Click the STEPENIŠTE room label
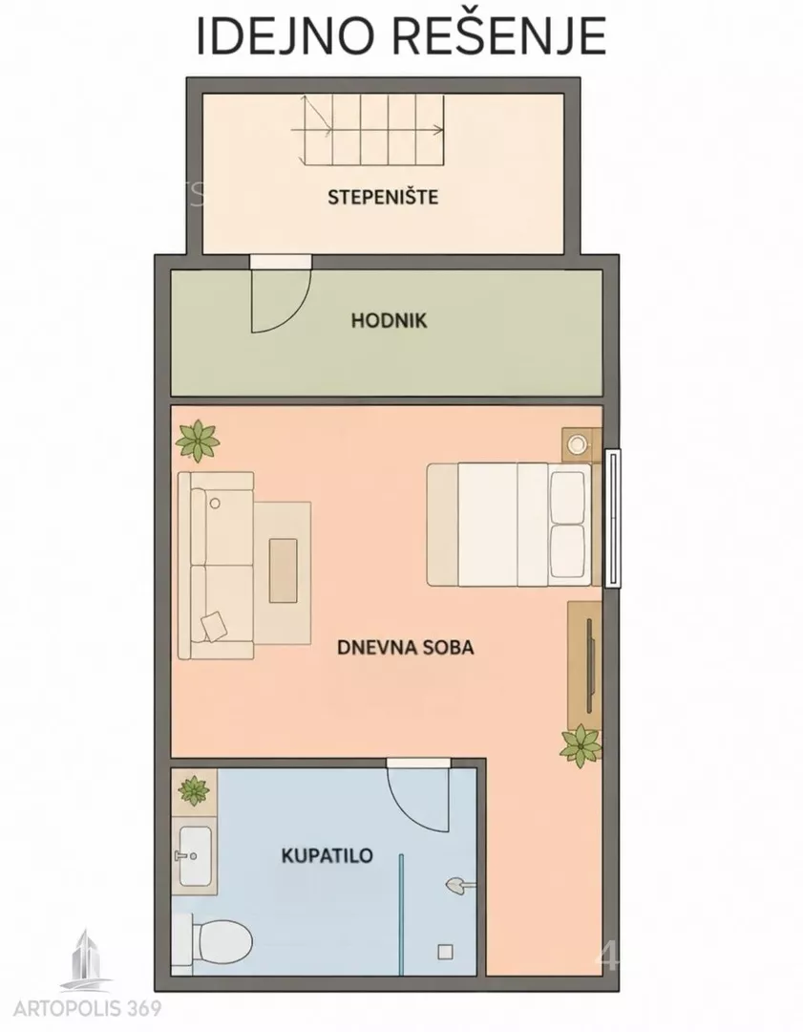(383, 197)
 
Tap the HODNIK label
(390, 320)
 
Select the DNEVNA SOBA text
(405, 647)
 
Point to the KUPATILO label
(327, 855)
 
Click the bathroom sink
(195, 856)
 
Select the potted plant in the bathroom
(194, 790)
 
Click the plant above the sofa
(198, 441)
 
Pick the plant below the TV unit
(581, 745)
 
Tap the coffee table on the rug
(283, 570)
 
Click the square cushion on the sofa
(215, 626)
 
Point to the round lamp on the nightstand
(578, 443)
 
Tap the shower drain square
(446, 952)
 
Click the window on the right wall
(612, 518)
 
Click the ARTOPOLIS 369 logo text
(88, 1008)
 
